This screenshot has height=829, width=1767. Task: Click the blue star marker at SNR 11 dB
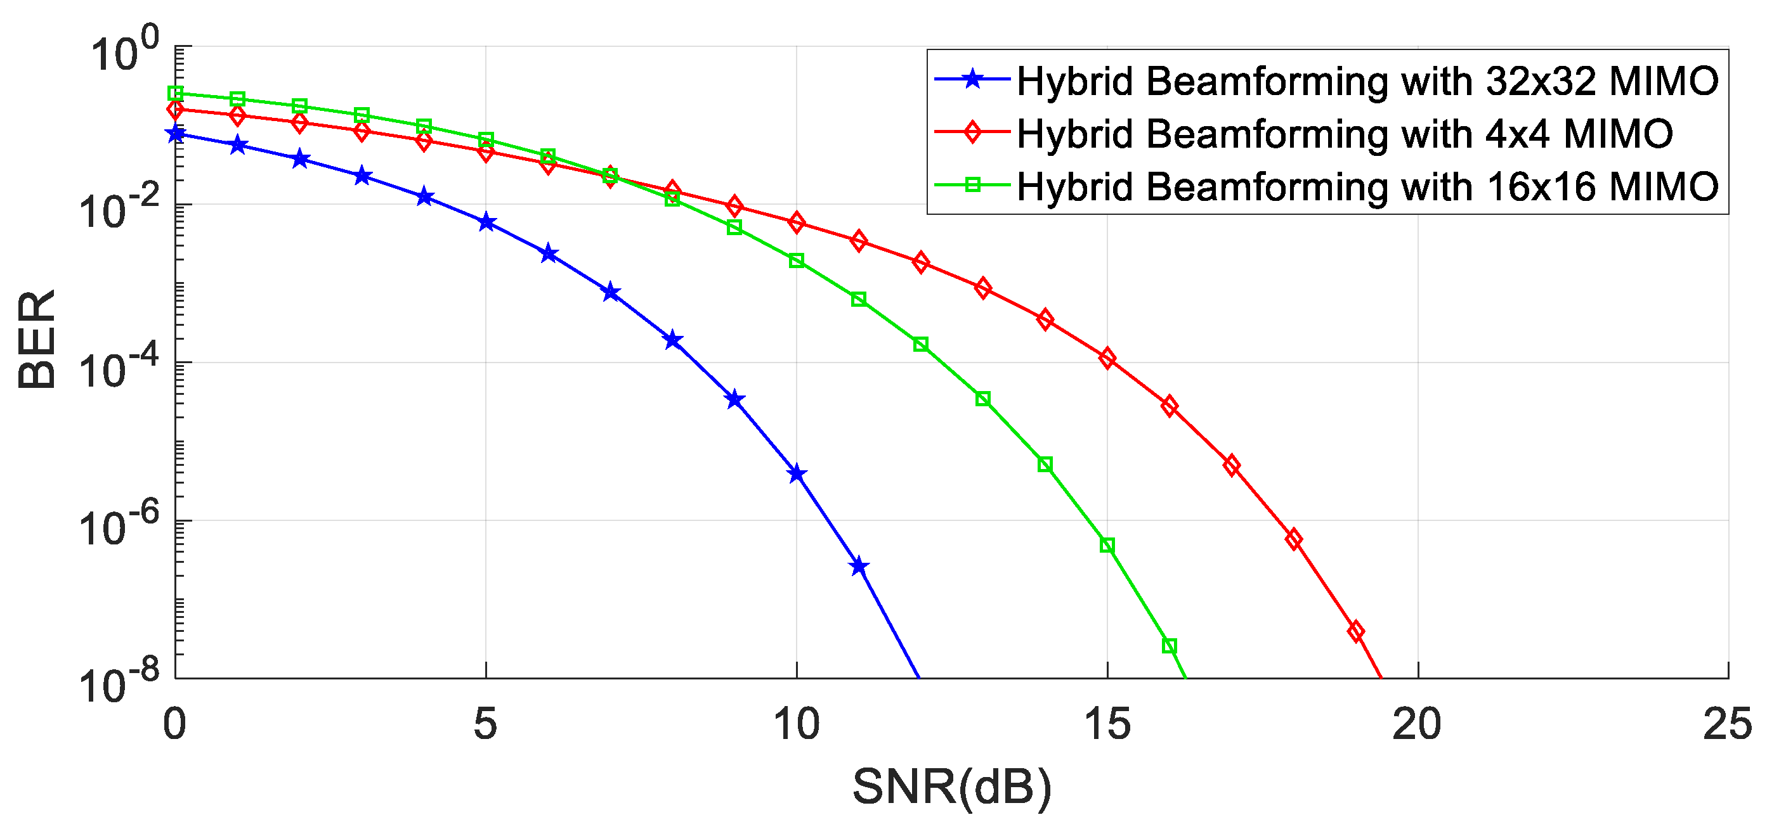click(x=859, y=567)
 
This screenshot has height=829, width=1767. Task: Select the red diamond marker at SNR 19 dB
click(x=1355, y=631)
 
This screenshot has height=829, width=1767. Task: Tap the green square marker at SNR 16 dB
click(x=1170, y=646)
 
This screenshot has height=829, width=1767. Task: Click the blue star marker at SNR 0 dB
click(x=176, y=133)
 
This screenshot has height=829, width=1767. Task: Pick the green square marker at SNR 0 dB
click(x=176, y=93)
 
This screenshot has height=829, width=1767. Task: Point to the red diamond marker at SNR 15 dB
click(x=1107, y=359)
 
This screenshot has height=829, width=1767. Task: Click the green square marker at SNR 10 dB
click(x=797, y=260)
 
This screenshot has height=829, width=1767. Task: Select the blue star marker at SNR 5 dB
click(x=486, y=222)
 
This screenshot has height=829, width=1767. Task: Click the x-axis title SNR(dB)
click(x=952, y=787)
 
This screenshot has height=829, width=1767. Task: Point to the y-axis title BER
click(x=37, y=340)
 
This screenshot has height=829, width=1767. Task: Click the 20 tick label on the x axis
click(x=1417, y=724)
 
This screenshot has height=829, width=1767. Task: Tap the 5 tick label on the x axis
click(x=486, y=724)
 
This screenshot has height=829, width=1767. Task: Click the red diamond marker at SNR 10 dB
click(x=797, y=222)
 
